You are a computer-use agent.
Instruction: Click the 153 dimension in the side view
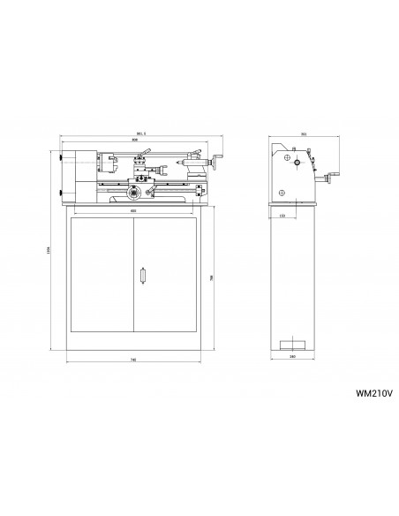click(x=282, y=214)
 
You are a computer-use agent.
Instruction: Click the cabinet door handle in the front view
click(x=141, y=276)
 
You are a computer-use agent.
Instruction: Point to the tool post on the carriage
click(x=139, y=165)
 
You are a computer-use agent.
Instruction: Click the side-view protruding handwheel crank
click(x=330, y=180)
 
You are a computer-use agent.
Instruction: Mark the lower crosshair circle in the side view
click(x=281, y=193)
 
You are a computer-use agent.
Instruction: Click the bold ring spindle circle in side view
click(x=298, y=163)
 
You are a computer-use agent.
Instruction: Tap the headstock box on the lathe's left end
click(x=78, y=174)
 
